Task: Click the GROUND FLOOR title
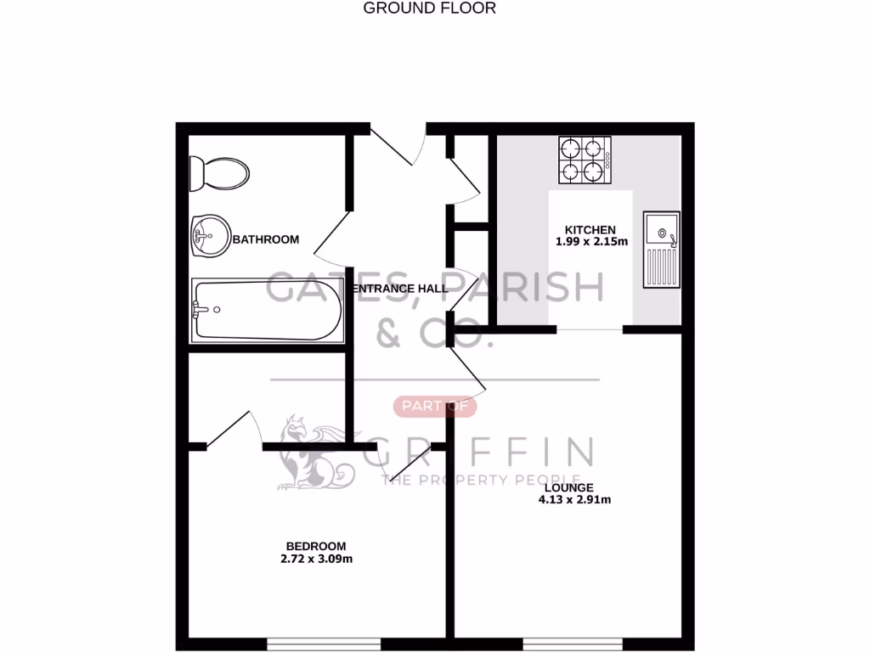coord(429,8)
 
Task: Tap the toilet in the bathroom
coord(219,174)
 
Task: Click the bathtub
coord(267,311)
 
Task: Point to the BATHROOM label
coord(266,239)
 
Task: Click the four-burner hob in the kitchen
coord(585,160)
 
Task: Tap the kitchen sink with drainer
coord(661,249)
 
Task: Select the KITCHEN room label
coord(590,229)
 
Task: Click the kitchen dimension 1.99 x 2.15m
coord(591,241)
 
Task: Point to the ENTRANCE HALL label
coord(400,289)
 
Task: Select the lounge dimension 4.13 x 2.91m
coord(574,499)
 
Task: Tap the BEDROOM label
coord(316,546)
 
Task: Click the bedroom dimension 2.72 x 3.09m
coord(316,559)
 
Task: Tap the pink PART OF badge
coord(435,407)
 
